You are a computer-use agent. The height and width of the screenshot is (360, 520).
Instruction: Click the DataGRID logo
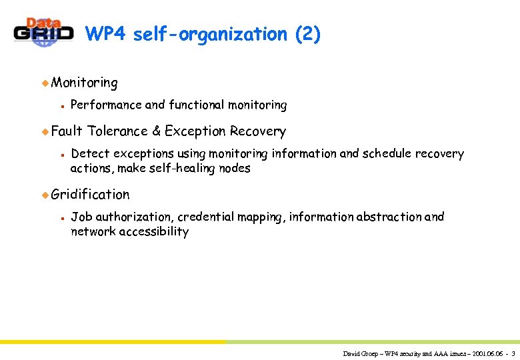click(x=44, y=33)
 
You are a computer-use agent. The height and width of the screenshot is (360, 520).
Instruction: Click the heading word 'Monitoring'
click(x=85, y=83)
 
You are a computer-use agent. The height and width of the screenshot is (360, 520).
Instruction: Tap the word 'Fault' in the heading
click(x=66, y=131)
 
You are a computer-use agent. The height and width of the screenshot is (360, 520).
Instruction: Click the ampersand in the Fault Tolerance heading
click(x=157, y=131)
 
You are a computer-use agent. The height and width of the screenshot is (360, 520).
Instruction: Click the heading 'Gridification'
click(x=91, y=194)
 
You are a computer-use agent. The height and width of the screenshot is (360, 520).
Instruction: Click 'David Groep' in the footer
click(x=360, y=353)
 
